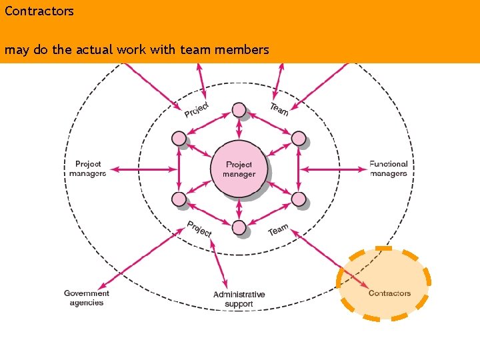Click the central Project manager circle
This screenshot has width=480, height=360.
(239, 169)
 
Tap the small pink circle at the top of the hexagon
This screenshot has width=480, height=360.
(239, 110)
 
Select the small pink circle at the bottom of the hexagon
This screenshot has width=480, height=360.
(239, 228)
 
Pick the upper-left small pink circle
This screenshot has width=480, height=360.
(179, 139)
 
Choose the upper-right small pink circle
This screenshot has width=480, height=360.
(299, 139)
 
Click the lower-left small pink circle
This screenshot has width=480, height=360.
(179, 199)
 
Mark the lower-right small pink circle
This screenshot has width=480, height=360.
(299, 199)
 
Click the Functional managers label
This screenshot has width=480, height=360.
(389, 169)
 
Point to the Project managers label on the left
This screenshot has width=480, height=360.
(88, 169)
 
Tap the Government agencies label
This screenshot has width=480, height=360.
(87, 298)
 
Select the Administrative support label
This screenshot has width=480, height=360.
(239, 299)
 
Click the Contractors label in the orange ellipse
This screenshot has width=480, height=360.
(389, 293)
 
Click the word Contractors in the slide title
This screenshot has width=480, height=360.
(39, 11)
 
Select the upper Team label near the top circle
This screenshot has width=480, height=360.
(279, 109)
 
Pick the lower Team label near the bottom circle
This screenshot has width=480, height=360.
(279, 230)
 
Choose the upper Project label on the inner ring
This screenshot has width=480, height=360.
(197, 109)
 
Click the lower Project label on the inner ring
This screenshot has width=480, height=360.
(199, 229)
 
